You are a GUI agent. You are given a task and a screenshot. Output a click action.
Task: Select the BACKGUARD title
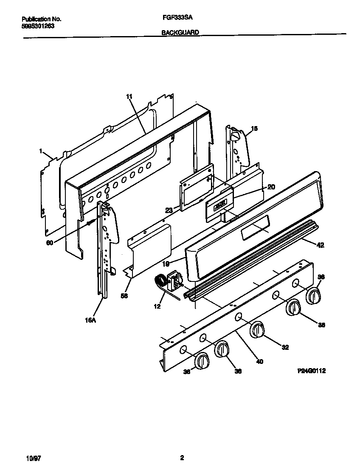(x=180, y=32)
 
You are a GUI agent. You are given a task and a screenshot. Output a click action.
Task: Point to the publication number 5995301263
(x=37, y=25)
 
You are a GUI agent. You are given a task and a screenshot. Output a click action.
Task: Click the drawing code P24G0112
(x=311, y=370)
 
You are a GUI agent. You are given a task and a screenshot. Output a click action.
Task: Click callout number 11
(x=129, y=97)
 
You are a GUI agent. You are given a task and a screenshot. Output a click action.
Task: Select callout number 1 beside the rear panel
(x=41, y=151)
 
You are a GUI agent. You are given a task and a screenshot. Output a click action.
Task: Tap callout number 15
(x=254, y=128)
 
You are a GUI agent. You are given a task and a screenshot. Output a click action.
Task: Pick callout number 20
(x=271, y=187)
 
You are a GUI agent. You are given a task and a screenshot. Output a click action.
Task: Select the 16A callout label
(x=90, y=321)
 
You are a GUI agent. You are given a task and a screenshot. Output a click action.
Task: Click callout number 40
(x=259, y=361)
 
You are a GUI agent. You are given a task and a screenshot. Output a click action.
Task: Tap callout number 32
(x=285, y=347)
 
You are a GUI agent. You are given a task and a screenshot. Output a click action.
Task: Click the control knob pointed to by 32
(x=257, y=330)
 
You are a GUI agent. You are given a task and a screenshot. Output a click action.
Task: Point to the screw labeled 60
(x=89, y=222)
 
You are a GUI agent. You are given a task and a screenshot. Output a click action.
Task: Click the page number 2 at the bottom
(x=182, y=458)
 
